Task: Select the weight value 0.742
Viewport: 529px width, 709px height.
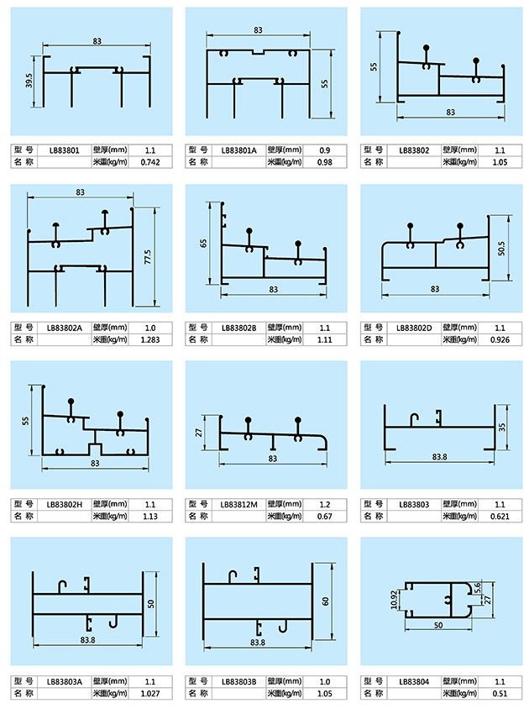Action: [x=150, y=161]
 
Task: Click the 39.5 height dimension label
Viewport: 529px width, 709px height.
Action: [x=29, y=81]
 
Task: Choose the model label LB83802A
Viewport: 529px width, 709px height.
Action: [x=65, y=327]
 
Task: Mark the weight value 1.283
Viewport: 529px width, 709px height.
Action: [x=150, y=339]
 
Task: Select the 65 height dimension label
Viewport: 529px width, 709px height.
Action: [x=203, y=244]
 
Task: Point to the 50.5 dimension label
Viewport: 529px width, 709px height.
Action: [x=501, y=248]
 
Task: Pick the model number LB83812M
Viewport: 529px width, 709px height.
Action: [x=240, y=504]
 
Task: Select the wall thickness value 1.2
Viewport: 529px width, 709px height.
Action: [x=325, y=504]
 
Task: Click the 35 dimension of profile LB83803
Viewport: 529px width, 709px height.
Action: [x=502, y=427]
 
